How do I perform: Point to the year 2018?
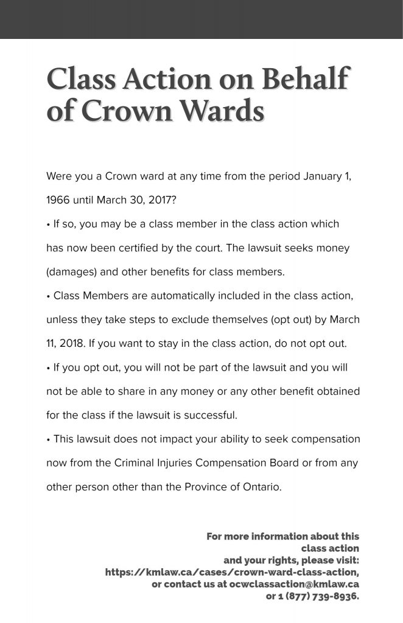pyautogui.click(x=71, y=343)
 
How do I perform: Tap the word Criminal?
pyautogui.click(x=133, y=463)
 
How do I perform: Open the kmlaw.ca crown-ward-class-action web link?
pyautogui.click(x=232, y=573)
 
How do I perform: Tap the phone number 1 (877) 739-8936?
pyautogui.click(x=312, y=596)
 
